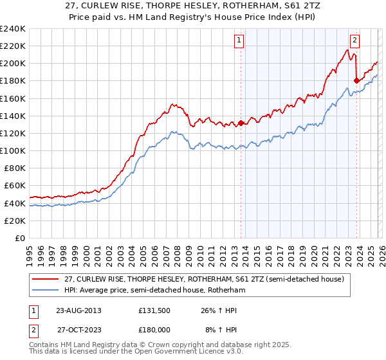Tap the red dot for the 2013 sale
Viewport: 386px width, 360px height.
click(x=241, y=123)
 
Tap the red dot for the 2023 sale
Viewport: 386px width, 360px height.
click(x=356, y=80)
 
